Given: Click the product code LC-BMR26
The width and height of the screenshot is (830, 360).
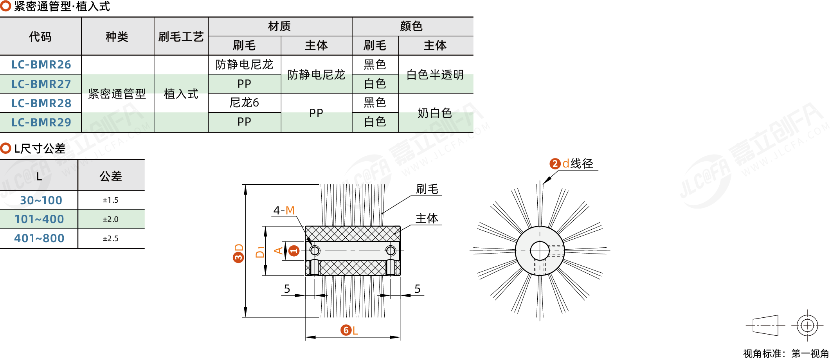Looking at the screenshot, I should (41, 65).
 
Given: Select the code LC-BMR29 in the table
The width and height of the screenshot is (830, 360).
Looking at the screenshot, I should (41, 122).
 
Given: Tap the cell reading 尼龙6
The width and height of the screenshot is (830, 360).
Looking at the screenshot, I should (244, 103).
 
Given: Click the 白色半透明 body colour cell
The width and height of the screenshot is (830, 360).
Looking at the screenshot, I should (435, 75).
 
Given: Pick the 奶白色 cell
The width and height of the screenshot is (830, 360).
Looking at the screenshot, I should (435, 113).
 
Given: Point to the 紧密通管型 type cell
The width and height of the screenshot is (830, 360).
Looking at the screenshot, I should (117, 94).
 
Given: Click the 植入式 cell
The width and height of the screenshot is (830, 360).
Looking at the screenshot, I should (181, 94).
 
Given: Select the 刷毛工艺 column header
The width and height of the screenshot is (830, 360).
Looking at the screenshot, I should (181, 37).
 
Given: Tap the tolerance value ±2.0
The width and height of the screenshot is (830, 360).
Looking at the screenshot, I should (110, 220).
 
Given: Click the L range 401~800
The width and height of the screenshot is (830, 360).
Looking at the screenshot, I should (39, 238).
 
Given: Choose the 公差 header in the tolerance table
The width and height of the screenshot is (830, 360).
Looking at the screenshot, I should (111, 176).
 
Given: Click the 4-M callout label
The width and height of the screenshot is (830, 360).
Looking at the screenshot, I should (284, 211).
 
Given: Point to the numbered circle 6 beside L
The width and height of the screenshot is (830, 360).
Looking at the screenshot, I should (346, 330).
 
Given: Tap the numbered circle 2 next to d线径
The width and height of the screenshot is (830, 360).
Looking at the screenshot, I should (555, 164).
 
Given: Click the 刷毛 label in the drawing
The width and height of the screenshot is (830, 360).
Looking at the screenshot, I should (427, 189).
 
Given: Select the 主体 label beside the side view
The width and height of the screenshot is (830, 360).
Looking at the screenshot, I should (427, 218).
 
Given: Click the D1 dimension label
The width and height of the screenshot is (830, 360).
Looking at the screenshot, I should (260, 252).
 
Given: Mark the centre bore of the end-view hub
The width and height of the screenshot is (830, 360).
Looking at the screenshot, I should (540, 251).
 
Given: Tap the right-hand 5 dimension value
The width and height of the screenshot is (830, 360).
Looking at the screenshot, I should (418, 289).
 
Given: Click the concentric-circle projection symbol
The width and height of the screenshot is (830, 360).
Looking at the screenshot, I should (807, 325).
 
